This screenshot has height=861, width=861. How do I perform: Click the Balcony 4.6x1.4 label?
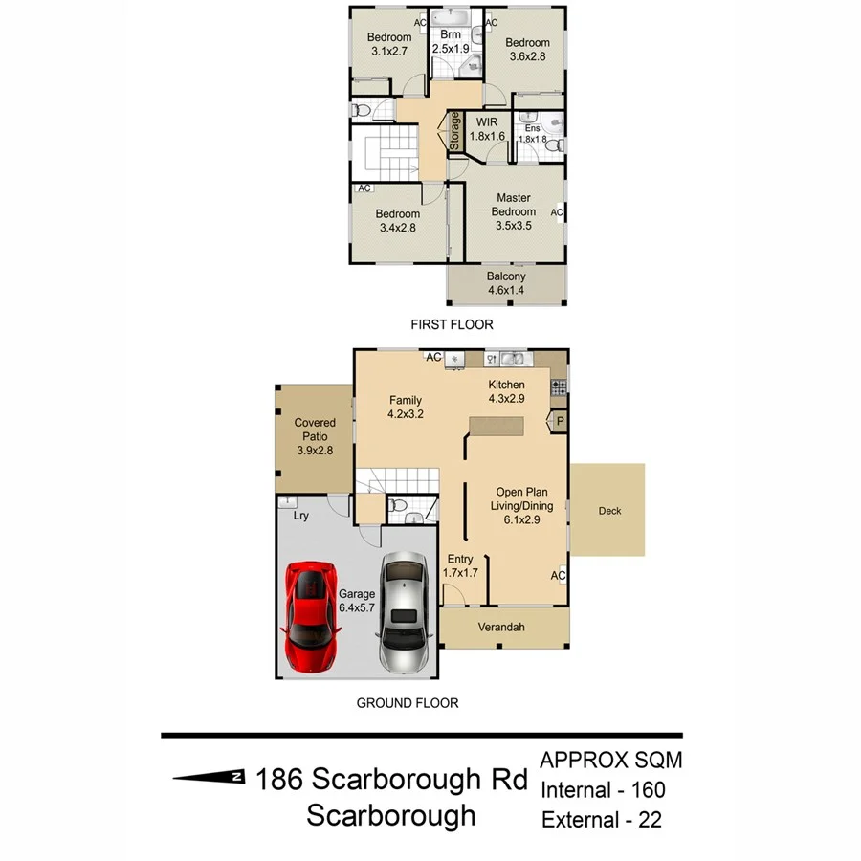click(506, 284)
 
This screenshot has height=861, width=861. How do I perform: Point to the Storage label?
click(455, 131)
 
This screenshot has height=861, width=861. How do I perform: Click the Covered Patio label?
click(315, 436)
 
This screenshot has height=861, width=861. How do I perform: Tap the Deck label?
click(609, 511)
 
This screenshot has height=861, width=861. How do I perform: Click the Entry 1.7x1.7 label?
click(460, 565)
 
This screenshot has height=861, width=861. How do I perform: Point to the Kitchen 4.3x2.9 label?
click(506, 391)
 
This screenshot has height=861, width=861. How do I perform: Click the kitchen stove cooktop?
click(558, 386)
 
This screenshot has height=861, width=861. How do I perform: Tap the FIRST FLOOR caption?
click(452, 324)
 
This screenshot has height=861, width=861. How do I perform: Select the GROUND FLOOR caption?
click(408, 703)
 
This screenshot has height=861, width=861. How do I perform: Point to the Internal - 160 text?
click(603, 790)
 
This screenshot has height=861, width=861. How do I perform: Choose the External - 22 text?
click(602, 820)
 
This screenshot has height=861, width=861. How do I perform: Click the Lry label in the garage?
click(300, 516)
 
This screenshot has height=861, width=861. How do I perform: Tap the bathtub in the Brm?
click(450, 18)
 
